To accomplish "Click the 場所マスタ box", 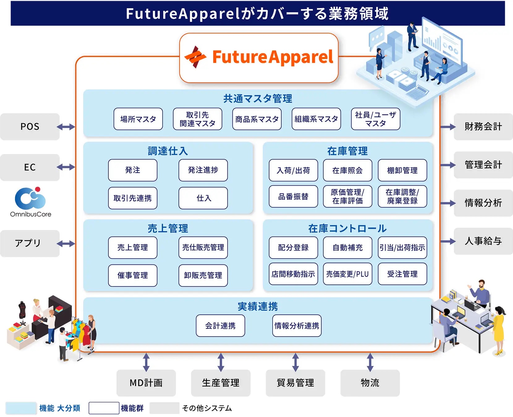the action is pyautogui.click(x=138, y=119).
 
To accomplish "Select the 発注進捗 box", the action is pyautogui.click(x=203, y=170).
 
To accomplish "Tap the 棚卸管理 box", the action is pyautogui.click(x=402, y=170).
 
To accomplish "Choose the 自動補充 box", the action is pyautogui.click(x=348, y=247).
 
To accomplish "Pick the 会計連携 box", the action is pyautogui.click(x=220, y=326).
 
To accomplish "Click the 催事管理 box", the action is pyautogui.click(x=133, y=276).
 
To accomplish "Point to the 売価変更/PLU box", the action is pyautogui.click(x=348, y=274).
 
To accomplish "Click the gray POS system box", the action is pyautogui.click(x=30, y=127).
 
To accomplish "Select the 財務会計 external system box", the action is pyautogui.click(x=483, y=127).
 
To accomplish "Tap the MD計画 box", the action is pyautogui.click(x=146, y=383).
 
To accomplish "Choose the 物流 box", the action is pyautogui.click(x=370, y=383).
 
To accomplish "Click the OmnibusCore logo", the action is pyautogui.click(x=31, y=202).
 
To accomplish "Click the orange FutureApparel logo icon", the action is pyautogui.click(x=195, y=57).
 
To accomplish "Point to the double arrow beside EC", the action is pyautogui.click(x=66, y=167).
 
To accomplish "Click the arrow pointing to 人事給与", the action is pyautogui.click(x=448, y=241).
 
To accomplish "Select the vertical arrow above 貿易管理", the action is pyautogui.click(x=295, y=362).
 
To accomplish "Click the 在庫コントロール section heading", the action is pyautogui.click(x=347, y=228).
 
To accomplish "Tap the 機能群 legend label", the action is pyautogui.click(x=132, y=408).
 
